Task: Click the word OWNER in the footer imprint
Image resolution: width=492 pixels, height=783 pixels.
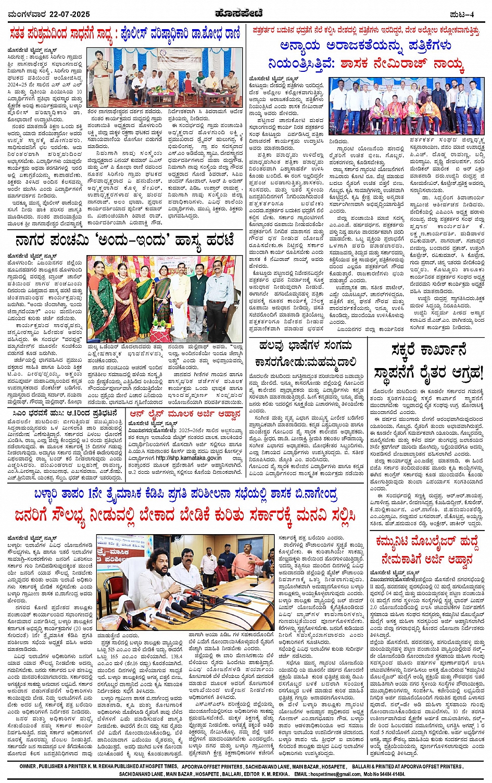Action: point(28,767)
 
